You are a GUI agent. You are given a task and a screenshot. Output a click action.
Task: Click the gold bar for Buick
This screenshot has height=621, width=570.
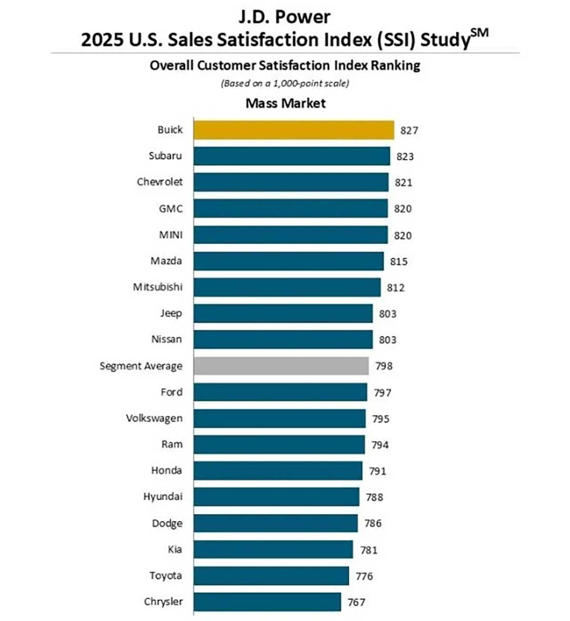[294, 130]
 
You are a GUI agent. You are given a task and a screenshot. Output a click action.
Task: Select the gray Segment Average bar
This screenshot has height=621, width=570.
[281, 366]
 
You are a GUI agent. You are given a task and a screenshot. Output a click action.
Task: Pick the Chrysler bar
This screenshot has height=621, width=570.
[267, 602]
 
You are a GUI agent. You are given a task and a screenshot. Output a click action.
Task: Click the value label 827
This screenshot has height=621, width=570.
[409, 130]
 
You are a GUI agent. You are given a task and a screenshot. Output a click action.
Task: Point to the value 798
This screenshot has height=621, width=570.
[384, 366]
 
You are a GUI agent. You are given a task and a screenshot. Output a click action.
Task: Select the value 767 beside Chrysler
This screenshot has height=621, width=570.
[356, 602]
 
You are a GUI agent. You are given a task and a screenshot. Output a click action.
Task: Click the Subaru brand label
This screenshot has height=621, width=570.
[165, 156]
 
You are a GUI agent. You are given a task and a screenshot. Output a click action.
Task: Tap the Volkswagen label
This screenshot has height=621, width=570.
[154, 418]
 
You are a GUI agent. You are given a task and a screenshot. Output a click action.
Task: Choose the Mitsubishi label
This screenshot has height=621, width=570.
[158, 287]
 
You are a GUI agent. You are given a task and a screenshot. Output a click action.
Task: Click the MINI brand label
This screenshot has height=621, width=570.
[171, 235]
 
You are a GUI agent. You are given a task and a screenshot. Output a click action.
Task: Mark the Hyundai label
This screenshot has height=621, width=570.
[163, 496]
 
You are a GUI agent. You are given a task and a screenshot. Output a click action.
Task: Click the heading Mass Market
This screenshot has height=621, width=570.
[285, 103]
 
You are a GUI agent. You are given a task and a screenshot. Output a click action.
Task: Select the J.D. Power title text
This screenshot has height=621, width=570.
[284, 17]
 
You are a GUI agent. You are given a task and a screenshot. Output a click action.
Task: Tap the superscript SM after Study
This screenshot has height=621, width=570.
[480, 33]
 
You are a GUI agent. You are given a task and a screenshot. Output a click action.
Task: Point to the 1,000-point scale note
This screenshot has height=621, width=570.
[285, 83]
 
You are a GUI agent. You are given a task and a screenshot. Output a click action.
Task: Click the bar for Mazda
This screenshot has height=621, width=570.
[288, 261]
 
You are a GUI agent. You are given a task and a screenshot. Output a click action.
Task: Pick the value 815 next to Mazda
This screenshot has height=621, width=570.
[398, 262]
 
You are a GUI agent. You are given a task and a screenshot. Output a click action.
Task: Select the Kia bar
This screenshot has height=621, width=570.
[273, 549]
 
